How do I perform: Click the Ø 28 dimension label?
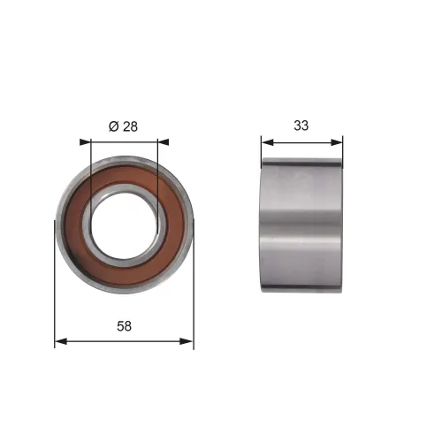(123, 126)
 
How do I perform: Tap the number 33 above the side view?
(301, 126)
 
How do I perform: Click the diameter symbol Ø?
(113, 126)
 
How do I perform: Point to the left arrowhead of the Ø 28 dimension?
(84, 141)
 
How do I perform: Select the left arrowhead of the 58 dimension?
(59, 339)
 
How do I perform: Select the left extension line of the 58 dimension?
(55, 292)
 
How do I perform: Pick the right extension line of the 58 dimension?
(193, 292)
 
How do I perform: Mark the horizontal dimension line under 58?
(124, 339)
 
